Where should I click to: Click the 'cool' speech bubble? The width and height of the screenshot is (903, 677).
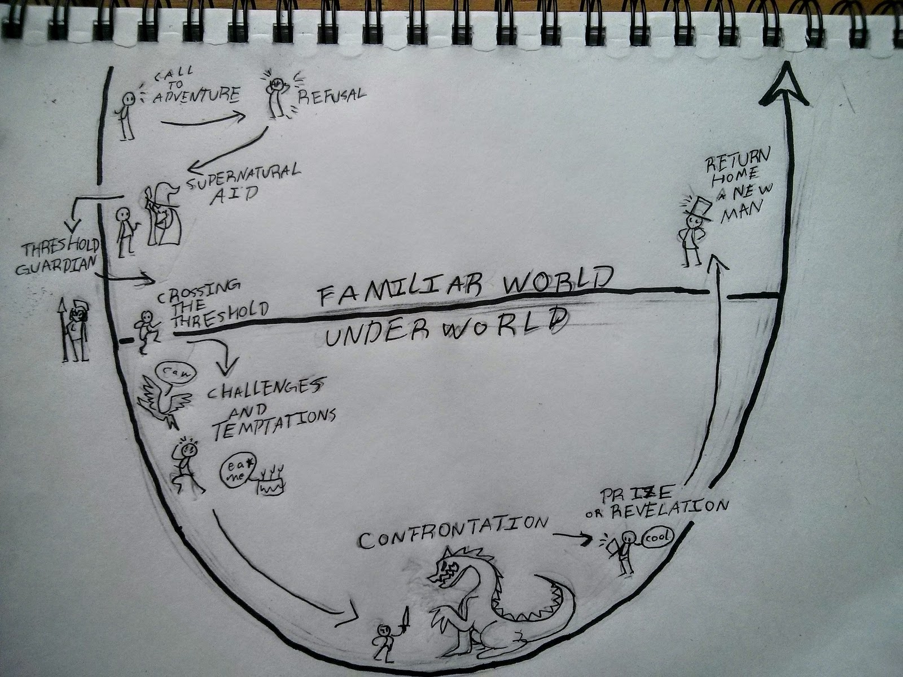tap(657, 537)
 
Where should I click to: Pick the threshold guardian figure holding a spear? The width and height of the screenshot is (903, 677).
tap(74, 331)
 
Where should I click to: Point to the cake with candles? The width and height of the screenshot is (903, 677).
tap(269, 483)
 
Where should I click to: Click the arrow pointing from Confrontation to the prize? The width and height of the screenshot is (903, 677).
tap(572, 538)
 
